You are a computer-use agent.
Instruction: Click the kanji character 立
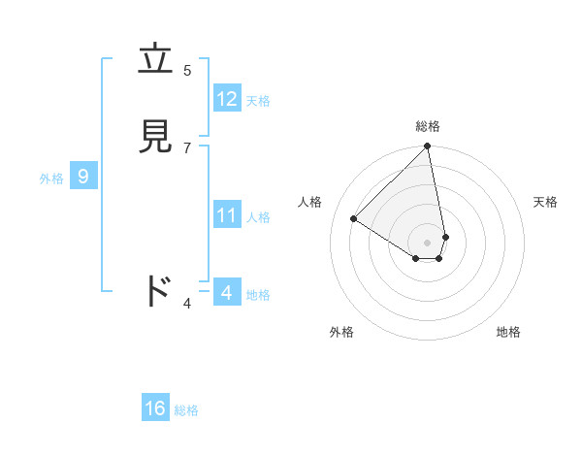156,59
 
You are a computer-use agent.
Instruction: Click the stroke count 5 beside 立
187,70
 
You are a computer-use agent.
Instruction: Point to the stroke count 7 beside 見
187,147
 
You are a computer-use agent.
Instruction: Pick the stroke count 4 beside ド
187,304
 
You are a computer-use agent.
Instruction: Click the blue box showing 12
227,99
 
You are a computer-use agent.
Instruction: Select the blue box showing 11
227,215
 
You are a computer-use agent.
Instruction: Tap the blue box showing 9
83,177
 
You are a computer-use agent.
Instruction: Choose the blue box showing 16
155,408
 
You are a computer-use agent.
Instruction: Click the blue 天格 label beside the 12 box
258,101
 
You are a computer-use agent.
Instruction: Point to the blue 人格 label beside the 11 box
259,217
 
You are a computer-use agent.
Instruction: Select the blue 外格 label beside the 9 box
51,179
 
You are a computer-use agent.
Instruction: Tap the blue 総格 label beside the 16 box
186,410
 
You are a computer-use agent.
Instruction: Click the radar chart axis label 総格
428,126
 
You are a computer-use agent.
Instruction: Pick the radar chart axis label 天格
545,202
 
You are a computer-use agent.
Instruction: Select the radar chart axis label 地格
508,332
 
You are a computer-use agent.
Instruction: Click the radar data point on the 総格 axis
428,147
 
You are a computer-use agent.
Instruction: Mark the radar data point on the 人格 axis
354,219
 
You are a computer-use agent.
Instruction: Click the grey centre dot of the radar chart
428,242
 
